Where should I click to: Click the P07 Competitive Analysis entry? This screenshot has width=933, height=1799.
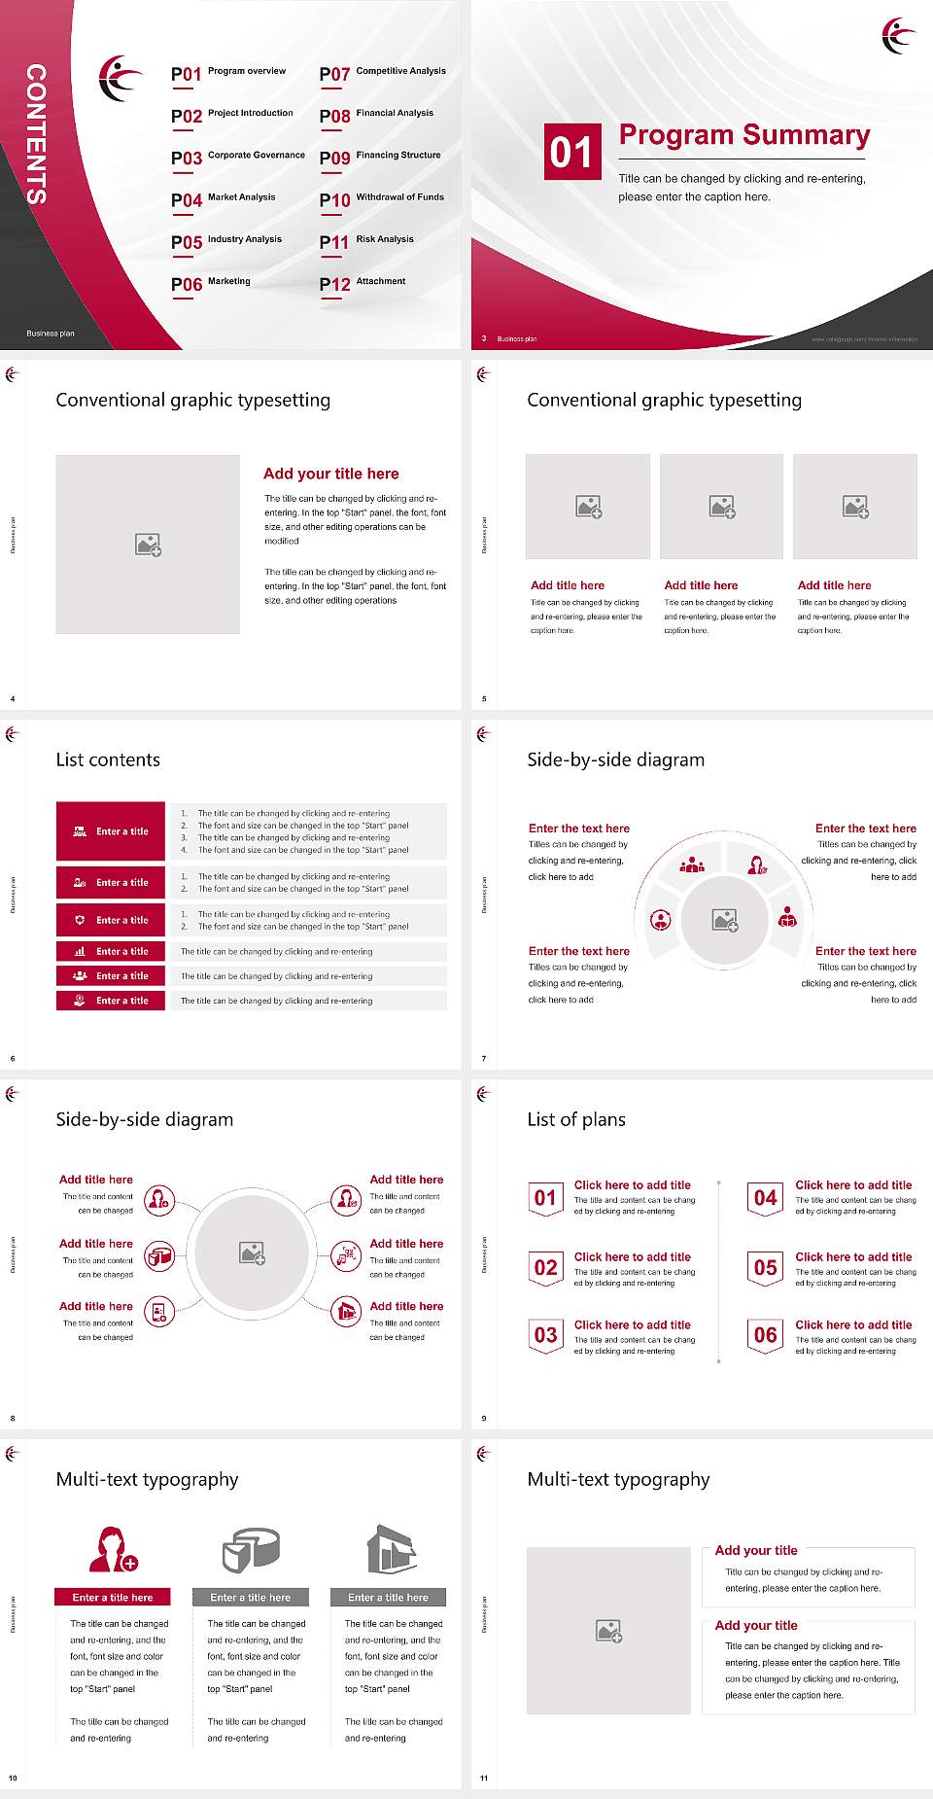tap(382, 73)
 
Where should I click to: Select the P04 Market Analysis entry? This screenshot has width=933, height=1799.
tap(224, 199)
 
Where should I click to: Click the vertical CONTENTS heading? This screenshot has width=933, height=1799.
tap(36, 134)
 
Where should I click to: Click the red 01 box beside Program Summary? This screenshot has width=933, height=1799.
tap(570, 152)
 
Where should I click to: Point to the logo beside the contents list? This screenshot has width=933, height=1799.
tap(121, 78)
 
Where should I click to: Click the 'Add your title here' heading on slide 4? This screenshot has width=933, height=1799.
tap(330, 474)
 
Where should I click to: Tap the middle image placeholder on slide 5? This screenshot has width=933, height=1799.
tap(721, 507)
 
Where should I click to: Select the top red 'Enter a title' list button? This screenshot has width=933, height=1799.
tap(111, 831)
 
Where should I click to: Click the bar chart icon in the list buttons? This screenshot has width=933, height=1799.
tap(80, 951)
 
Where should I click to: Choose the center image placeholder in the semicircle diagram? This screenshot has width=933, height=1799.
tap(725, 919)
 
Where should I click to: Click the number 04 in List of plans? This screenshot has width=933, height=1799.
tap(766, 1198)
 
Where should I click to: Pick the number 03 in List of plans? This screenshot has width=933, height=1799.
tap(546, 1335)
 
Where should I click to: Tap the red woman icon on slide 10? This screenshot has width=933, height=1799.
tap(113, 1550)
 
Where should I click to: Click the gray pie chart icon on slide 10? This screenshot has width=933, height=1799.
tap(251, 1550)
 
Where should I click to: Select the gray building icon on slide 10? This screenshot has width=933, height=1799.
tap(391, 1550)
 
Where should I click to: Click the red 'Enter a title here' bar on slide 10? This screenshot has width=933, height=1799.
tap(112, 1597)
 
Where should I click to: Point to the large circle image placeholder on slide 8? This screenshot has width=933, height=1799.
tap(253, 1253)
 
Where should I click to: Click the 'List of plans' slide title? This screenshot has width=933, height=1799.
tap(576, 1119)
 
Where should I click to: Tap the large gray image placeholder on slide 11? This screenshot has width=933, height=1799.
tap(608, 1631)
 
